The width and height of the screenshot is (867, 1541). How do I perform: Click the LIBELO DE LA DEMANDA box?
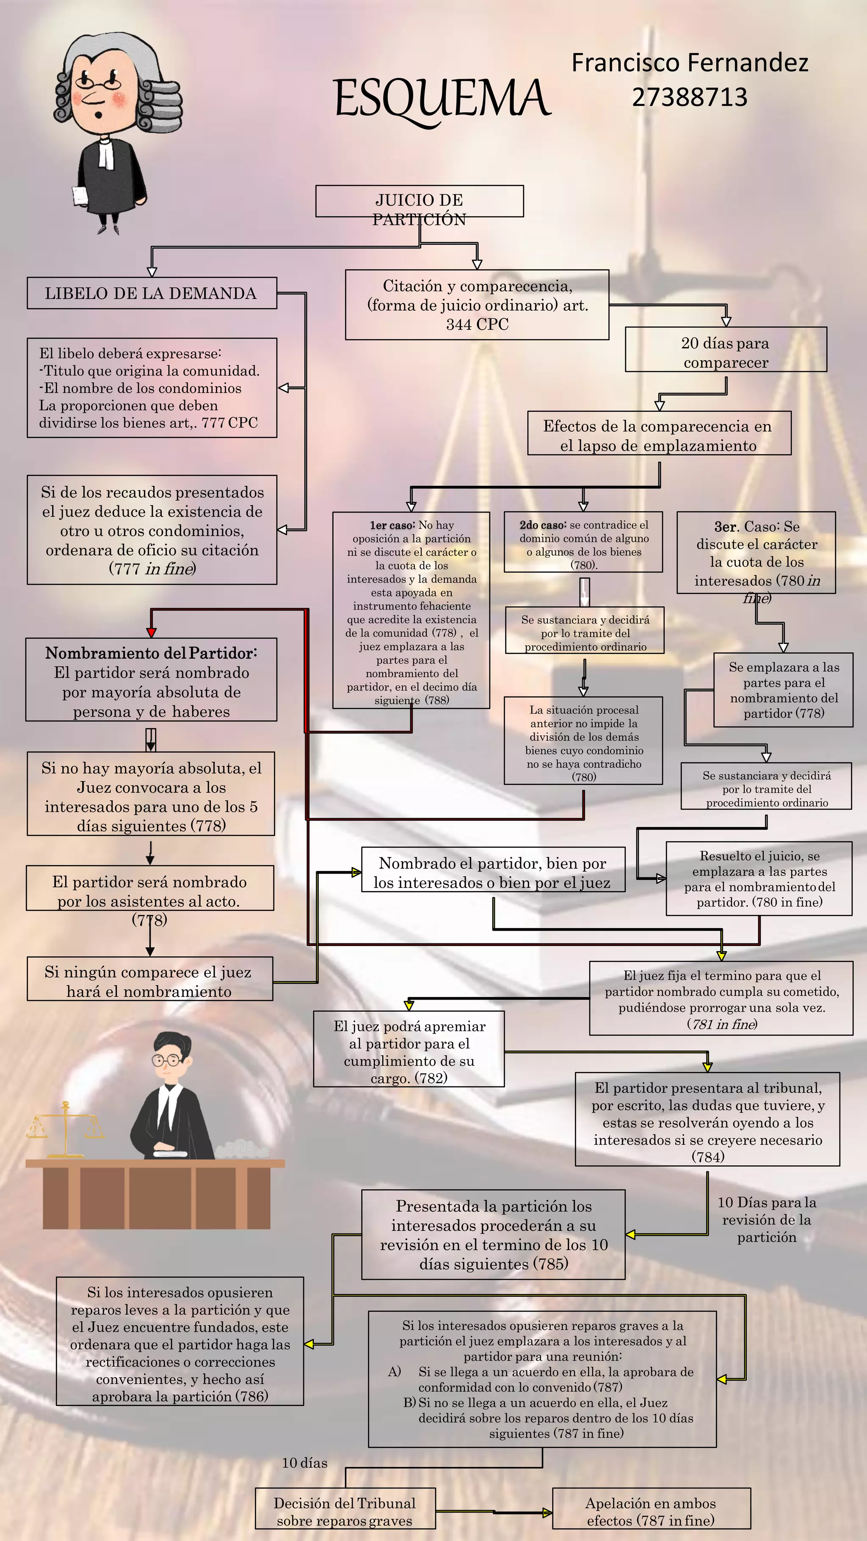(x=152, y=293)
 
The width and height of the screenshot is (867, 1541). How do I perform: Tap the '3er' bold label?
(x=725, y=527)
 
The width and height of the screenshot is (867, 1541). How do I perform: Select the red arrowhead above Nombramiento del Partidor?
(x=152, y=632)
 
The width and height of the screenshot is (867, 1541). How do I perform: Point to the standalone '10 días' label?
(x=304, y=1463)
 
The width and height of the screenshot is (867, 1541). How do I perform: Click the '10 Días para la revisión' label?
(x=767, y=1219)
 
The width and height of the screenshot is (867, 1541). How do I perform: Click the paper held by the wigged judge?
(x=80, y=197)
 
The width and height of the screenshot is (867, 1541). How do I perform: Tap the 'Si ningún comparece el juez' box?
(x=149, y=981)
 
